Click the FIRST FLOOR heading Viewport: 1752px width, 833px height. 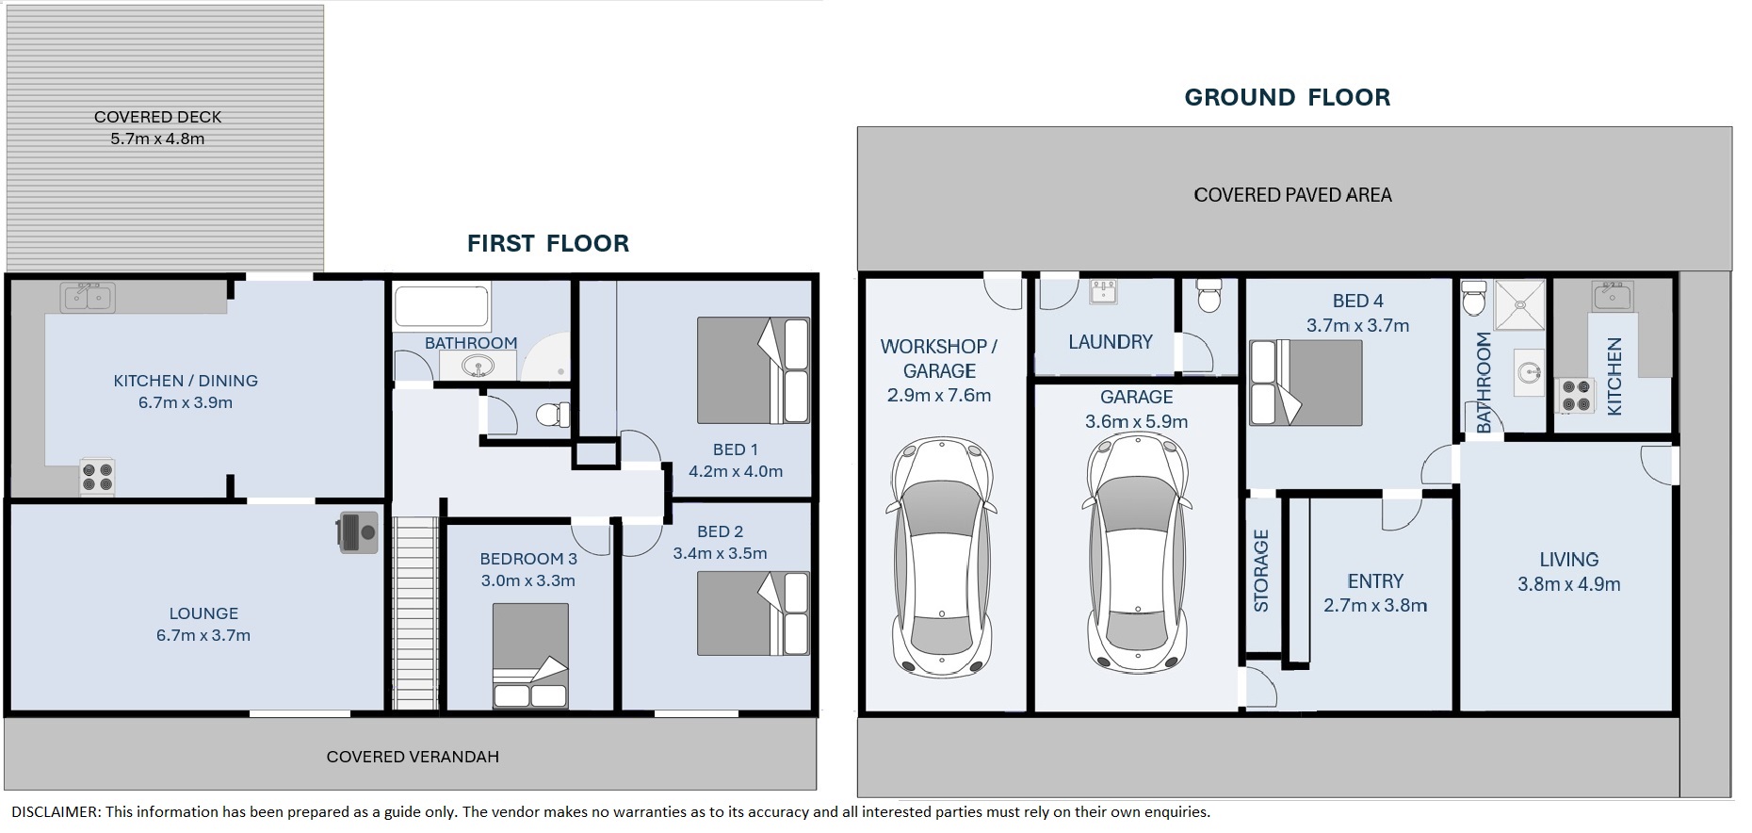pos(548,243)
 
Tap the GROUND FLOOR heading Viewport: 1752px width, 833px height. pos(1287,97)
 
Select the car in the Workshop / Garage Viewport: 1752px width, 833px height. pos(940,557)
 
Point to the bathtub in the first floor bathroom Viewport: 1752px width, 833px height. pos(442,306)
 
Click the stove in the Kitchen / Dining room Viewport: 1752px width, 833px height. pos(97,476)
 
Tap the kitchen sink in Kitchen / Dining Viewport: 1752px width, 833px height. pos(88,298)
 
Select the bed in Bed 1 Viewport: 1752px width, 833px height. pos(754,370)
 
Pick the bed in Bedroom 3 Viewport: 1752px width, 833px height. pos(530,656)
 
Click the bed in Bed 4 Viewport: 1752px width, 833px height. pos(1306,383)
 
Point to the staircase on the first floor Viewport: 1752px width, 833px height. pos(415,613)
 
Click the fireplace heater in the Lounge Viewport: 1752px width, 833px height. pos(357,532)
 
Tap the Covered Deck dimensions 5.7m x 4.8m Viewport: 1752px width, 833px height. pos(157,139)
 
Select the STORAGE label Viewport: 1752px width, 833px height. pos(1261,571)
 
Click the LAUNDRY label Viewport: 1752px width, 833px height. pos(1111,342)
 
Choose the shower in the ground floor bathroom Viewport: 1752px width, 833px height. pos(1520,304)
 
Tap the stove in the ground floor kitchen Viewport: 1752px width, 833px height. pos(1576,396)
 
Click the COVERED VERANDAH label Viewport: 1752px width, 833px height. pos(413,757)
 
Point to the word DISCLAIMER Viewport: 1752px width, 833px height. pos(55,812)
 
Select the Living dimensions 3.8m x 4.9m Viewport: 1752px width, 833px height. pos(1569,584)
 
